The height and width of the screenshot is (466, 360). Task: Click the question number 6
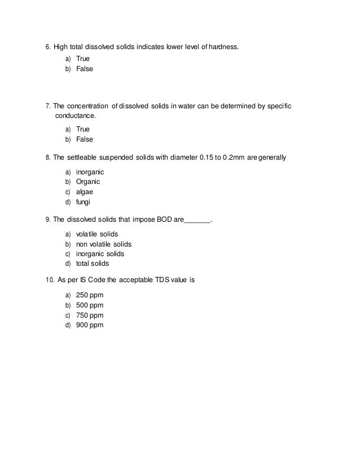tap(48, 46)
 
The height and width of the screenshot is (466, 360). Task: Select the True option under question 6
tap(83, 58)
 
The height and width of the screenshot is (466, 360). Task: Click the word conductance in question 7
tap(76, 116)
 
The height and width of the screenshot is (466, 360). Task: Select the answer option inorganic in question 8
tap(90, 171)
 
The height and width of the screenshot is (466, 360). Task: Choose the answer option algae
tap(85, 192)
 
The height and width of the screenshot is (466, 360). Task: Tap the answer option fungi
tap(84, 203)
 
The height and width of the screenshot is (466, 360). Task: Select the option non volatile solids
tap(103, 244)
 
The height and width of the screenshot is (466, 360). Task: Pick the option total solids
tap(93, 263)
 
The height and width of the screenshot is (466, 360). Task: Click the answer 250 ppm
tap(90, 295)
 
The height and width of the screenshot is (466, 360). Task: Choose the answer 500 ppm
tap(90, 305)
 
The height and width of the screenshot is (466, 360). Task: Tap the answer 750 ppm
tap(90, 315)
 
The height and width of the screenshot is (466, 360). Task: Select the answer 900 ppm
tap(90, 326)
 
